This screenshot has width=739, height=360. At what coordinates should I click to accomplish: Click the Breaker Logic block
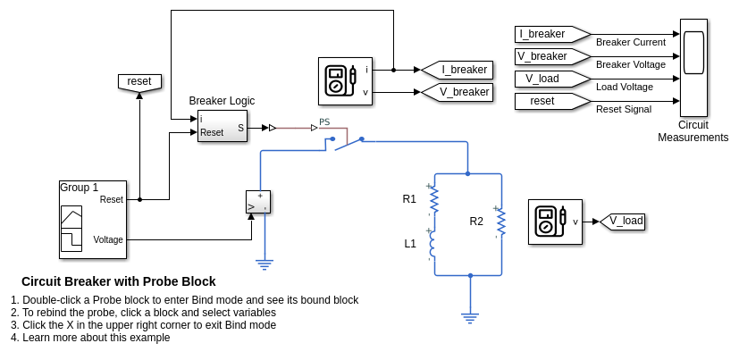pos(222,126)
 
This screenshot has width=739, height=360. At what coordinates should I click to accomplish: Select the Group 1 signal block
pos(93,220)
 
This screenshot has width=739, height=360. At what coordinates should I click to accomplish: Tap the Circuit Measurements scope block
pos(693,68)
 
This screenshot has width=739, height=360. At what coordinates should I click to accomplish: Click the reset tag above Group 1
pos(139,81)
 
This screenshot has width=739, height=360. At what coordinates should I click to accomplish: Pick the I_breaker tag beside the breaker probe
pos(457,70)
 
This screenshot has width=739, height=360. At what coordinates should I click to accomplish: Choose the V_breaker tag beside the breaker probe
pos(457,92)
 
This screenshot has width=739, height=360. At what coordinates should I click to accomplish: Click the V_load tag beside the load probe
pos(623,221)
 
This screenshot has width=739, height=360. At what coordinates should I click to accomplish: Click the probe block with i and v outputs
pos(345,81)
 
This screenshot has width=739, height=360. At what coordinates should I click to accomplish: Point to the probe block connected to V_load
pos(555,222)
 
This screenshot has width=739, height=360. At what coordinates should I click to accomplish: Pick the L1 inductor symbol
pos(433,243)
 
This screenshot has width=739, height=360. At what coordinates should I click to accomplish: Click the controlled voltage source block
pos(257,203)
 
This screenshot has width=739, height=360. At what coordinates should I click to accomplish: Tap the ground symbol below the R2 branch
pos(470,316)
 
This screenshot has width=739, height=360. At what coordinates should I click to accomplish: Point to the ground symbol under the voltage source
pos(264,263)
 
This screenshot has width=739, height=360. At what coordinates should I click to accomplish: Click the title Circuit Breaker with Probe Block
pos(119,281)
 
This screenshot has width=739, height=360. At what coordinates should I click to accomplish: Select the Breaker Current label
pos(630,42)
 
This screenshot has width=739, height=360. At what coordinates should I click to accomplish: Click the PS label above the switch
pos(324,121)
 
